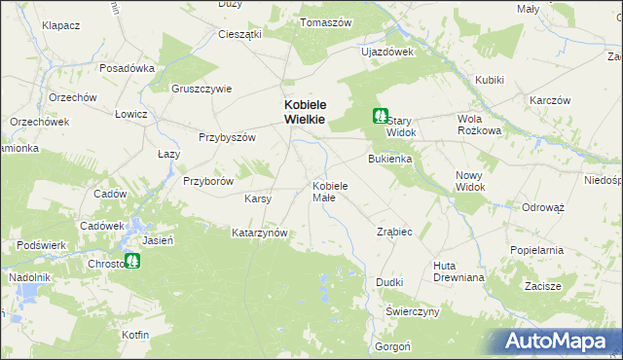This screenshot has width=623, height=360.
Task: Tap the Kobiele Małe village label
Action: [x=337, y=191]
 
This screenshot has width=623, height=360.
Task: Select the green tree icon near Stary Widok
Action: [x=380, y=116]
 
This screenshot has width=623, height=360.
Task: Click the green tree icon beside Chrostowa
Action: [x=132, y=261]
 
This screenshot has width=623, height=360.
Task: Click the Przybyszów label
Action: [x=227, y=137]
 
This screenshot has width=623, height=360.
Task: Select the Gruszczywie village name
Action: [x=202, y=88]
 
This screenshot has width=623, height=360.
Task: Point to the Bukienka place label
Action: [x=390, y=158]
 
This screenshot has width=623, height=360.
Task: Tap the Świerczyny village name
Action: [x=413, y=311]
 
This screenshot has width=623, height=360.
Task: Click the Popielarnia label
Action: [x=536, y=250]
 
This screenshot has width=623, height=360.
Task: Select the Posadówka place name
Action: [x=128, y=68]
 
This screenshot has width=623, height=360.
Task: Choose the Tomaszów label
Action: [x=325, y=21]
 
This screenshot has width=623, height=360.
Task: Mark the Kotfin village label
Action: [x=135, y=335]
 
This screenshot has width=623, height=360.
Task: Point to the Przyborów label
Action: [x=208, y=181]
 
